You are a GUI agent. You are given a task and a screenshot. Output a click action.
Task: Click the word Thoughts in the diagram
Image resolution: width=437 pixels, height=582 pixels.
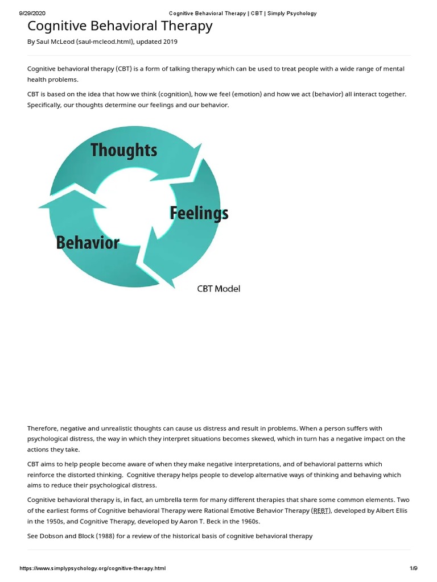click(x=123, y=150)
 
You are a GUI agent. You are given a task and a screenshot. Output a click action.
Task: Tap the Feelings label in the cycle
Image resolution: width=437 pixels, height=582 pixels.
click(x=199, y=213)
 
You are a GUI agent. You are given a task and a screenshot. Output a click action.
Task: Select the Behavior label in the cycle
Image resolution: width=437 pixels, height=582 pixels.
click(x=88, y=243)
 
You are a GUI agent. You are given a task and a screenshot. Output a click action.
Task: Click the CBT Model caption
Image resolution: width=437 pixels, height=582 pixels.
click(x=218, y=289)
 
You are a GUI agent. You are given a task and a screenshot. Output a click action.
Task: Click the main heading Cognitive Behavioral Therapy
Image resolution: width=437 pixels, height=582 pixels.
click(x=120, y=26)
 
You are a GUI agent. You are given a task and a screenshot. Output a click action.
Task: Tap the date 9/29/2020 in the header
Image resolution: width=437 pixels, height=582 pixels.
click(x=32, y=14)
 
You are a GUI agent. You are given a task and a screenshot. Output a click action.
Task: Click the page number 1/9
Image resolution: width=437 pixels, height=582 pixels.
click(x=414, y=568)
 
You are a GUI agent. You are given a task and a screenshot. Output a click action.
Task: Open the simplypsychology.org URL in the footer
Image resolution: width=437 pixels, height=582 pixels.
click(x=93, y=568)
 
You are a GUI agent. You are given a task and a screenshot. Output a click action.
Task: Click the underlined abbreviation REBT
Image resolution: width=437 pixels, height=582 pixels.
click(x=321, y=511)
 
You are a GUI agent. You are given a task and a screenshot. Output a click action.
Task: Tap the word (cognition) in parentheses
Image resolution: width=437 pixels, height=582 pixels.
click(x=175, y=94)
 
